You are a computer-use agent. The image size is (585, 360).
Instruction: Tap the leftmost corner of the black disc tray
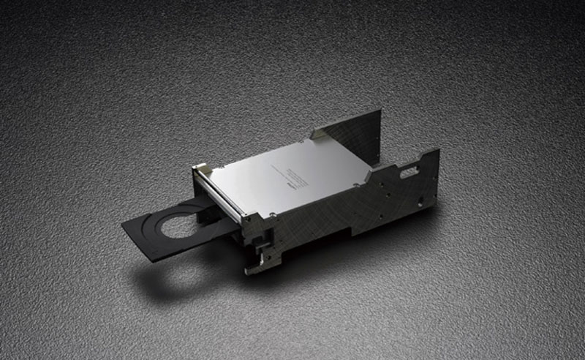coord(123,224)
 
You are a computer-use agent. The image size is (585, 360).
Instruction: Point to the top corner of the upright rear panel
coord(380,110)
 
